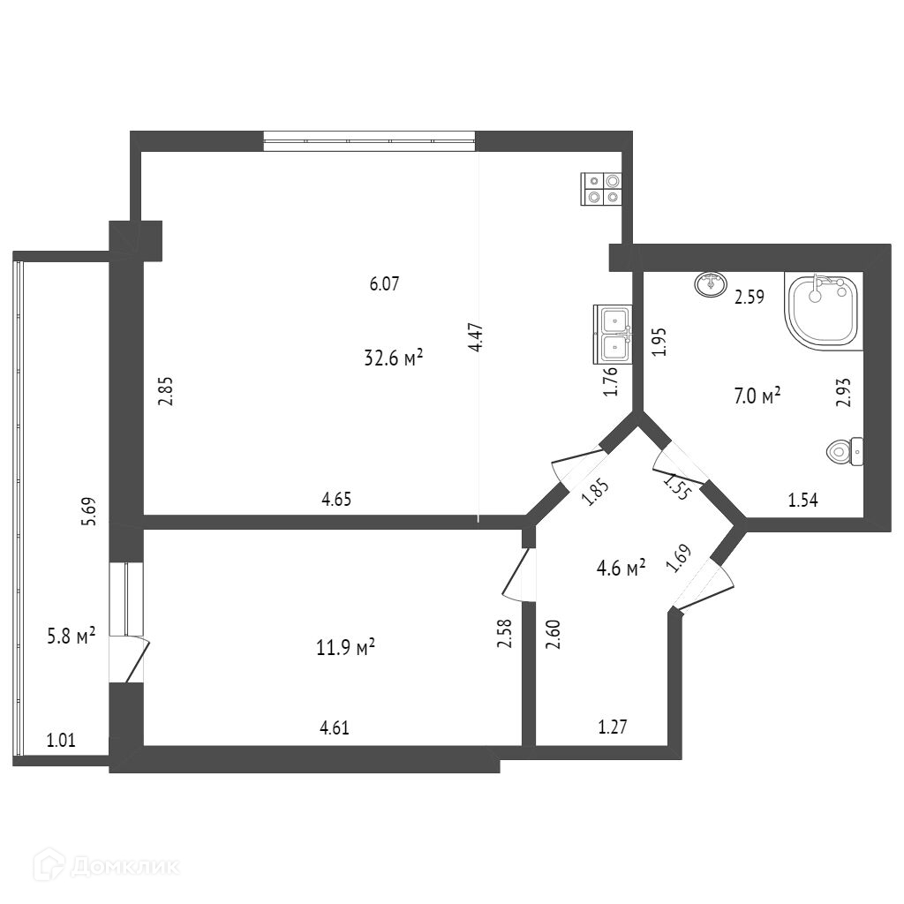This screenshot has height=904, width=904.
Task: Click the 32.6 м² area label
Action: coord(393,358)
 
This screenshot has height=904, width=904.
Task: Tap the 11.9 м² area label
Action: coord(347,648)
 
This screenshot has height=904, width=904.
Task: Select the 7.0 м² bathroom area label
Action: coord(757,395)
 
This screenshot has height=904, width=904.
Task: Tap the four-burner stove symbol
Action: coord(601,189)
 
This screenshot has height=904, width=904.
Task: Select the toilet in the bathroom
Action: coord(846,452)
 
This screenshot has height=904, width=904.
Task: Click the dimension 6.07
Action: coord(385,284)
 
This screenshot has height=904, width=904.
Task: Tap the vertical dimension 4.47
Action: coord(477,339)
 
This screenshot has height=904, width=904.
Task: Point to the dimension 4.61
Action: coord(335,728)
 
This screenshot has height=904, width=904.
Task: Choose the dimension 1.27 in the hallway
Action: coord(614,728)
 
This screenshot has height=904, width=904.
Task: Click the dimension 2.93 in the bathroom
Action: coord(844,392)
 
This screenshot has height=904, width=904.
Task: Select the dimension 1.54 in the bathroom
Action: coord(803,501)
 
